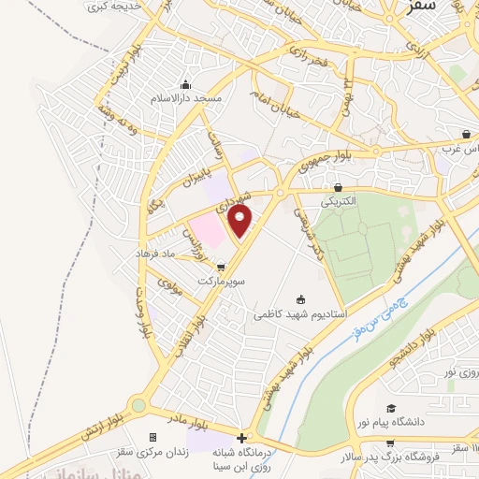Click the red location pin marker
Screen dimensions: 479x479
[240, 223]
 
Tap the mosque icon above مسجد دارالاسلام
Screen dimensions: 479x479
[186, 84]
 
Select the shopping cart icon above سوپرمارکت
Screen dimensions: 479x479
[221, 267]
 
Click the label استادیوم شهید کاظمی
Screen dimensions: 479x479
[300, 315]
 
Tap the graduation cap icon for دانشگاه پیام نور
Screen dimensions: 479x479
[393, 408]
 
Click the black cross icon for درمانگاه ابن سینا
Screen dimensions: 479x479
[241, 438]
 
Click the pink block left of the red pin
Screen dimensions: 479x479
[207, 228]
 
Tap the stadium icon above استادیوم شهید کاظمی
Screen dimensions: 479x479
[300, 300]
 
